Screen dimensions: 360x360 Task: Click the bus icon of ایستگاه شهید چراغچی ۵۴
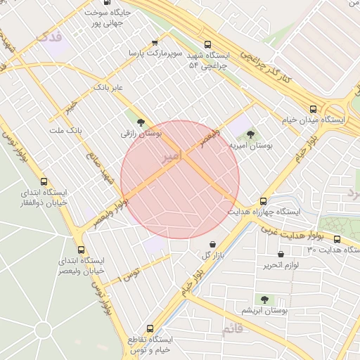click(207, 44)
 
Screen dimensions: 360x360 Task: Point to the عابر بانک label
click(108, 87)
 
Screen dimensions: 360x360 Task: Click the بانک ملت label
click(66, 131)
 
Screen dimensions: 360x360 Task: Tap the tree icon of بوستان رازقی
click(142, 122)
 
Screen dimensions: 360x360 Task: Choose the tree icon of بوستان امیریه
click(250, 134)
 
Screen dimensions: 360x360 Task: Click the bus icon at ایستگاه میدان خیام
click(313, 109)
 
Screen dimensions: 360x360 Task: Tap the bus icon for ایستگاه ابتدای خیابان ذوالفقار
click(44, 181)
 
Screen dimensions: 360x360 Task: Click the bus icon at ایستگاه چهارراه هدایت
click(264, 200)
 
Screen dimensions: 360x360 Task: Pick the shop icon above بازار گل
click(213, 244)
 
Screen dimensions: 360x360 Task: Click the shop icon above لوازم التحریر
click(281, 254)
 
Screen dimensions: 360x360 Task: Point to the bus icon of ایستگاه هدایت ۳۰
click(337, 239)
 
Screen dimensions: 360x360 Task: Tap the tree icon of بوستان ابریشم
click(265, 300)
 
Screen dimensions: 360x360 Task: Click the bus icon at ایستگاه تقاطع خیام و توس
click(150, 328)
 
